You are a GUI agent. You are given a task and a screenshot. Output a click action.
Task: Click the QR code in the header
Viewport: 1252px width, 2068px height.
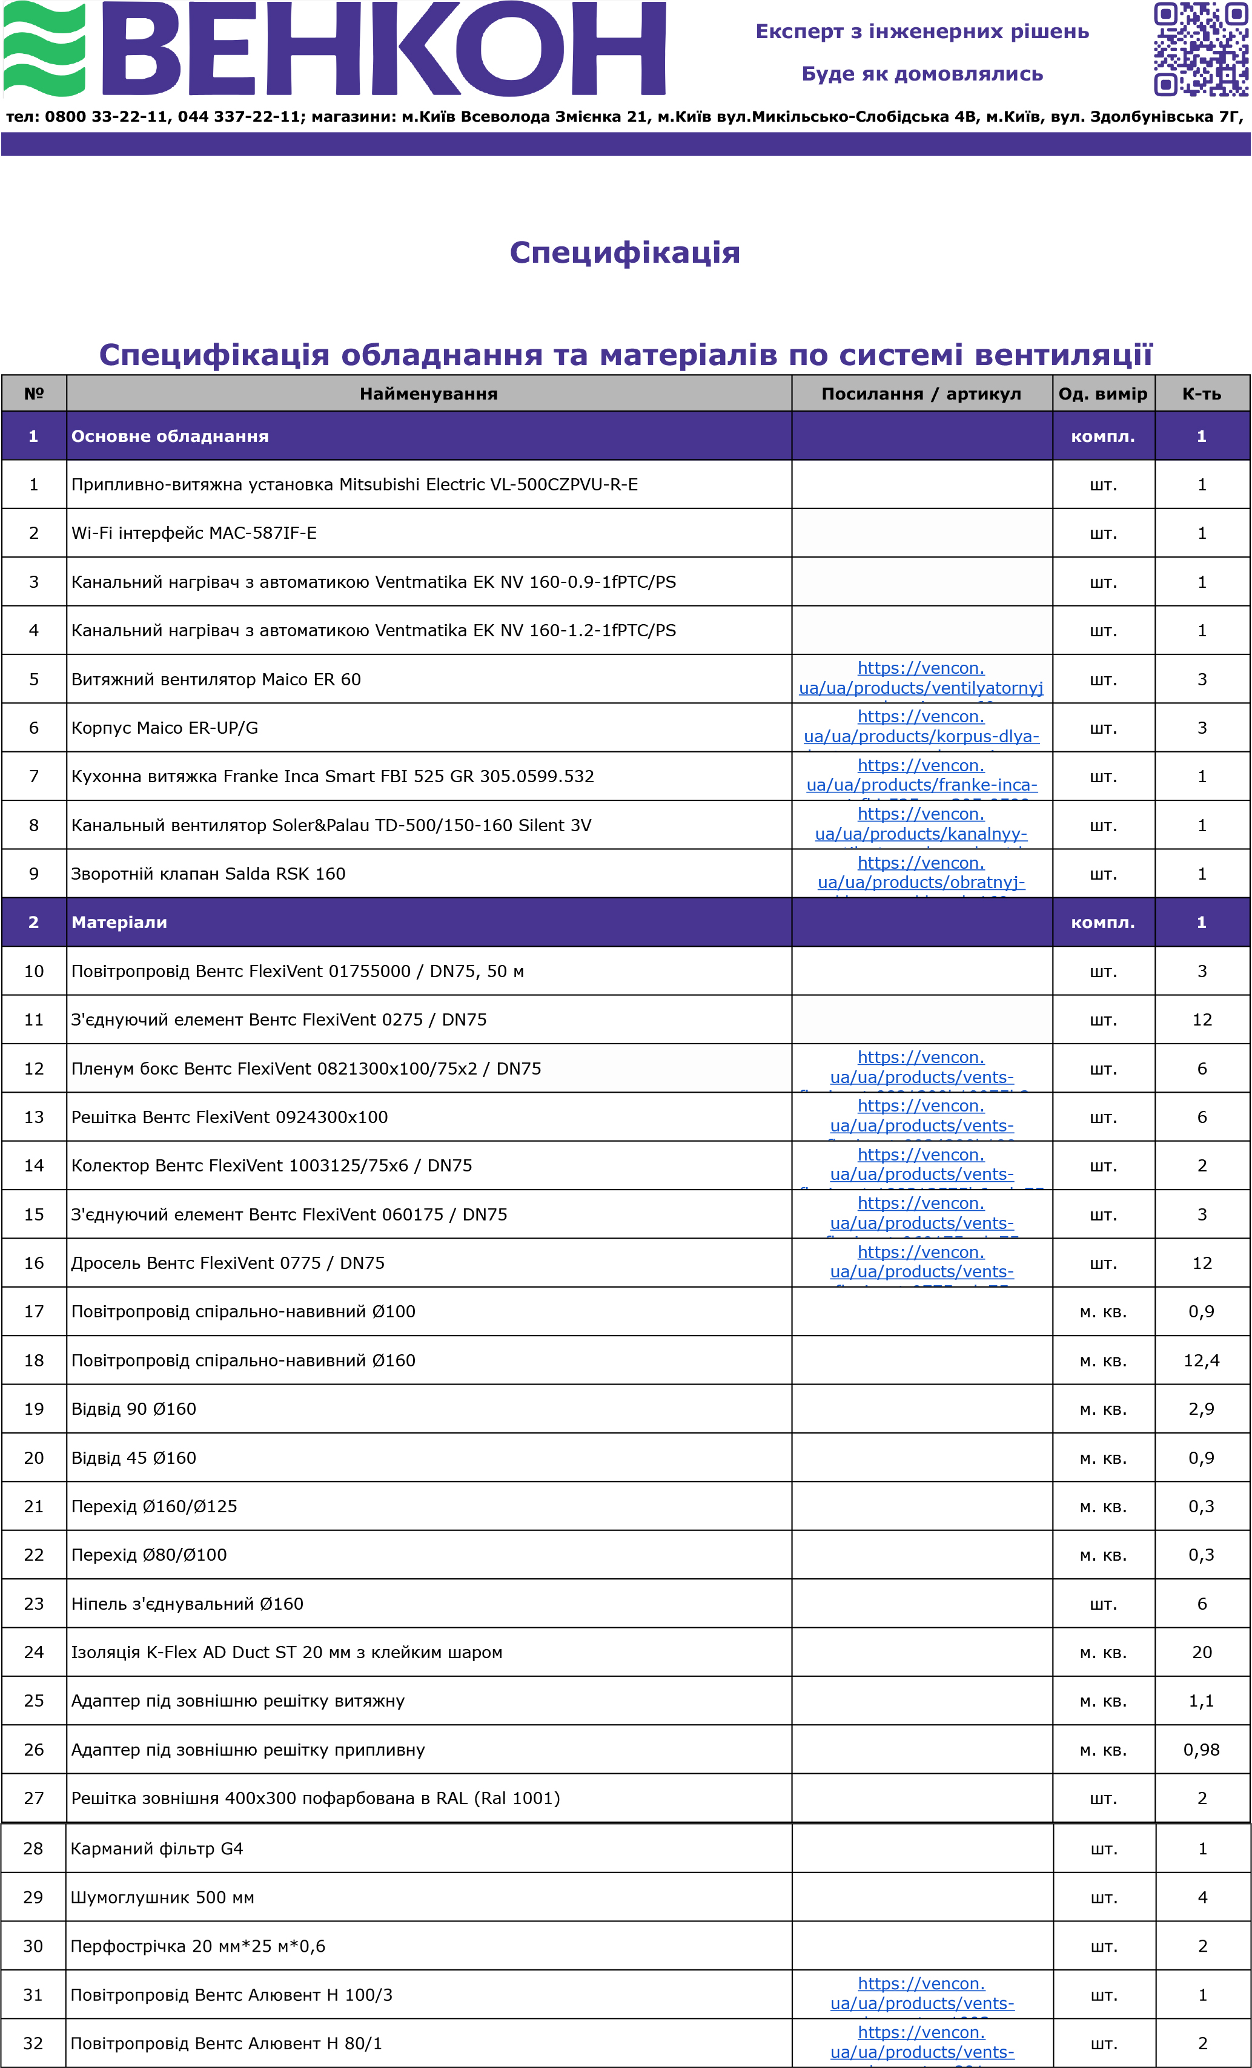[x=1200, y=48]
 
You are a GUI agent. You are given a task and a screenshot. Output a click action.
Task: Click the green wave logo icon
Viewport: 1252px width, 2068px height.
[x=44, y=48]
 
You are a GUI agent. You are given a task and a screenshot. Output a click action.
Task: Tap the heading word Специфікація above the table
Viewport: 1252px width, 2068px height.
[x=624, y=252]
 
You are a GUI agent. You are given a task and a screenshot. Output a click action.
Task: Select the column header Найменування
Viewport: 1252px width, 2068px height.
[x=428, y=394]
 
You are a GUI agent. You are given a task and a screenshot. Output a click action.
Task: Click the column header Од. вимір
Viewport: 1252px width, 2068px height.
[x=1102, y=394]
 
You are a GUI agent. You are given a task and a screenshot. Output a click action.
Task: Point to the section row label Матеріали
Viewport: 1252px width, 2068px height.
[x=119, y=923]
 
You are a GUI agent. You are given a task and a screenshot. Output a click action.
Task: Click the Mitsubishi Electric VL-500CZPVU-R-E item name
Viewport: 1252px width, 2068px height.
[x=354, y=485]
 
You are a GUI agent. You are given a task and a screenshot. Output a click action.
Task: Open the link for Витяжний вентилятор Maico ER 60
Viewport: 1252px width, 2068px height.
[x=921, y=678]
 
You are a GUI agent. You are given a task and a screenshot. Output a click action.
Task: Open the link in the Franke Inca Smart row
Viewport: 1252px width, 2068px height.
[x=921, y=775]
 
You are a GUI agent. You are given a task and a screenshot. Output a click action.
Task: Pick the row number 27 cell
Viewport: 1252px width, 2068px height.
[x=33, y=1799]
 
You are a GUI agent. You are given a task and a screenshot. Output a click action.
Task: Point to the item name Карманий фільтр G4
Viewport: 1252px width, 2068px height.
[x=157, y=1849]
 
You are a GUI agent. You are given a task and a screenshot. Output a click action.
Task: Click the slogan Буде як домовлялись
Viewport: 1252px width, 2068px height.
[x=922, y=74]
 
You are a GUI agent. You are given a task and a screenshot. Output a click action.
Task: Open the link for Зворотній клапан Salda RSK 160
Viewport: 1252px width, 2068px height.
[x=921, y=873]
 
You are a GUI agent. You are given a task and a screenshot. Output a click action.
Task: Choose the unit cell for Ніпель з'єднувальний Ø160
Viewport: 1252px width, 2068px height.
[x=1102, y=1604]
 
